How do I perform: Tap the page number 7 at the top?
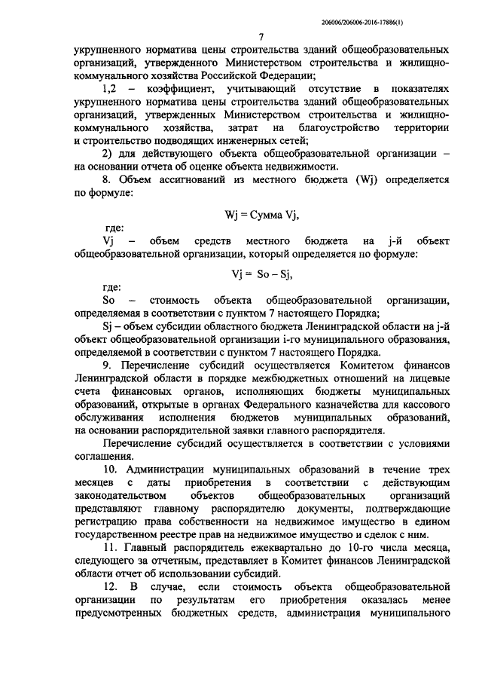tap(261, 37)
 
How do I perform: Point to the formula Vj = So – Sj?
tap(261, 273)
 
